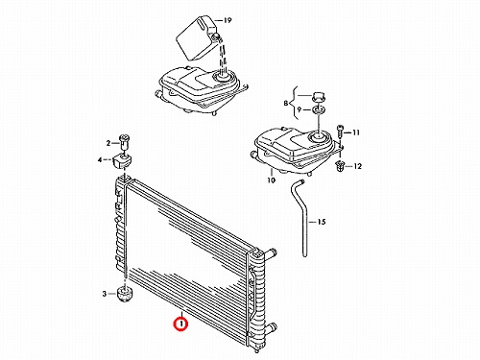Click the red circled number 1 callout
(x=180, y=324)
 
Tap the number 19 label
(x=227, y=20)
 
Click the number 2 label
(x=108, y=143)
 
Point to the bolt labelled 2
(x=125, y=143)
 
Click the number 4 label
(x=100, y=159)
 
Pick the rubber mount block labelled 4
(x=122, y=161)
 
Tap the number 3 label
(x=104, y=294)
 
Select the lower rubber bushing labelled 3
(x=124, y=294)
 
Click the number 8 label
(x=285, y=104)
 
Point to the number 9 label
(x=299, y=109)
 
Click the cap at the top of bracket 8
(x=319, y=96)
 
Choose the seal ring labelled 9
(x=319, y=110)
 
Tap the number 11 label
(x=356, y=132)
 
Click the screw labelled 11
(x=340, y=132)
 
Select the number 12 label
(x=357, y=166)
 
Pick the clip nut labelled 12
(x=339, y=166)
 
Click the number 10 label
(x=271, y=180)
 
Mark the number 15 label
(x=322, y=222)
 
